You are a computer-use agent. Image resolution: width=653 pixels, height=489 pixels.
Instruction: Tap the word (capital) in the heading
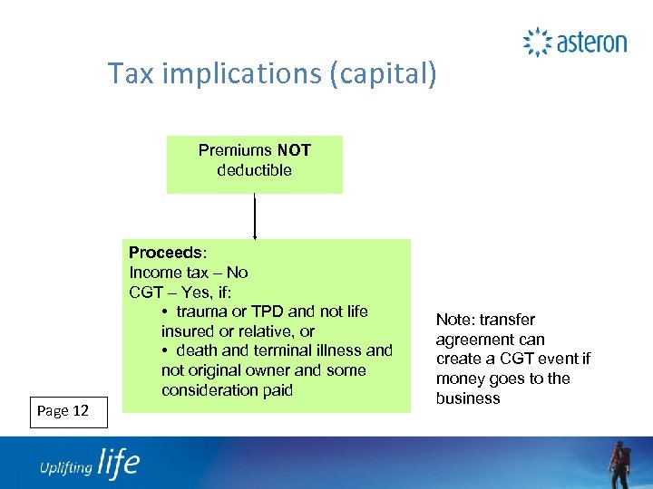(383, 74)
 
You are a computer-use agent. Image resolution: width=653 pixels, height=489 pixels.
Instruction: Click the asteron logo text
(591, 43)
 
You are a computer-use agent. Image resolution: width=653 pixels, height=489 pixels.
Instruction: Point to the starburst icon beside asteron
(537, 43)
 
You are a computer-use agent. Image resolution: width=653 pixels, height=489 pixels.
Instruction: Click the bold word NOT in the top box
(294, 150)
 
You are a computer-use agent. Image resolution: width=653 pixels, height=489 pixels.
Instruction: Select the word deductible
(254, 170)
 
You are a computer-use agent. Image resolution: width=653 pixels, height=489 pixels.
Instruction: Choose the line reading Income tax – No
(189, 272)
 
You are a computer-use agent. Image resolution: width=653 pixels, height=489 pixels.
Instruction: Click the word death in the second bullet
(197, 350)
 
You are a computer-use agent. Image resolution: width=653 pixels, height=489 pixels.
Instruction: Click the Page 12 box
(63, 411)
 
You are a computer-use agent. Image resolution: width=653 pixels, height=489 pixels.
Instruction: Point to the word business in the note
(467, 398)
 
